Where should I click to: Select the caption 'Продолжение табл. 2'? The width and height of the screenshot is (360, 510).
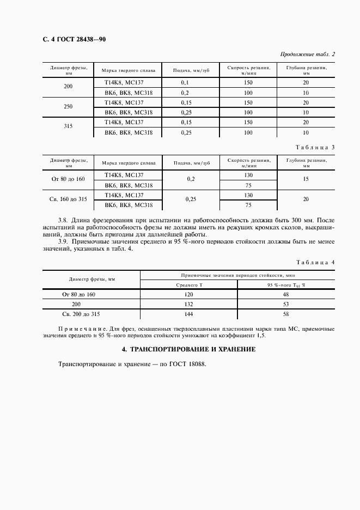click(x=308, y=54)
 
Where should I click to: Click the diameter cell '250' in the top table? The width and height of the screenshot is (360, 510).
click(x=68, y=107)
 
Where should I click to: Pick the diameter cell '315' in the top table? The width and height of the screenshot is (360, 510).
click(x=68, y=127)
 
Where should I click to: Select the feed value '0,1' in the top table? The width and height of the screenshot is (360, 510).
click(x=184, y=83)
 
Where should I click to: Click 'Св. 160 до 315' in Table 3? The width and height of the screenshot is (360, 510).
click(x=68, y=199)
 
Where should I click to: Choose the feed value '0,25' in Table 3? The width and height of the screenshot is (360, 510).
click(x=191, y=199)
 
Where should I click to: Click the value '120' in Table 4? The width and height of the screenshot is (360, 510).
click(x=189, y=294)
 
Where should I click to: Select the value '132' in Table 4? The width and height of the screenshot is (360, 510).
click(x=189, y=304)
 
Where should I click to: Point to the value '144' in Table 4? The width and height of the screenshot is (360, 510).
click(x=189, y=314)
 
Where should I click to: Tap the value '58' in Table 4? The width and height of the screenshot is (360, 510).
click(x=286, y=314)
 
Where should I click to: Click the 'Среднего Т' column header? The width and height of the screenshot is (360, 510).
click(x=189, y=284)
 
